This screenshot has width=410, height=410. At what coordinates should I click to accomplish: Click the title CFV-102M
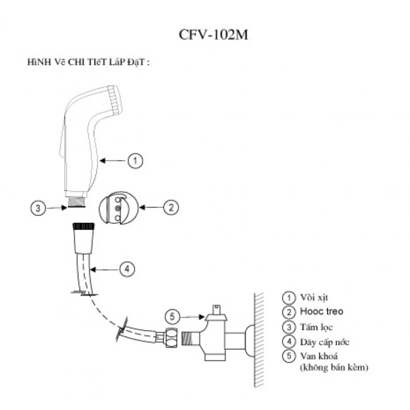pyautogui.click(x=214, y=34)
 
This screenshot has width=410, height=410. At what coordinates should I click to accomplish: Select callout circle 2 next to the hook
pyautogui.click(x=170, y=207)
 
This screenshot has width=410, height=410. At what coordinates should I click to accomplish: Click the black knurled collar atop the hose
pyautogui.click(x=82, y=227)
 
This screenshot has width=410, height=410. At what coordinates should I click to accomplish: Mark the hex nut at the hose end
pyautogui.click(x=172, y=337)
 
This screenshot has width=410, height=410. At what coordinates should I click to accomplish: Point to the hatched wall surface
pyautogui.click(x=259, y=339)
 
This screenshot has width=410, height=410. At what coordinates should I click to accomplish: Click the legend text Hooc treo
pyautogui.click(x=321, y=311)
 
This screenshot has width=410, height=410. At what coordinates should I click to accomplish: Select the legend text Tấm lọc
pyautogui.click(x=317, y=327)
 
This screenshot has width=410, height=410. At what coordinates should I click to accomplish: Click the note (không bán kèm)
pyautogui.click(x=334, y=368)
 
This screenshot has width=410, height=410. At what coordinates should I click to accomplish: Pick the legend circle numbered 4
pyautogui.click(x=289, y=341)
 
